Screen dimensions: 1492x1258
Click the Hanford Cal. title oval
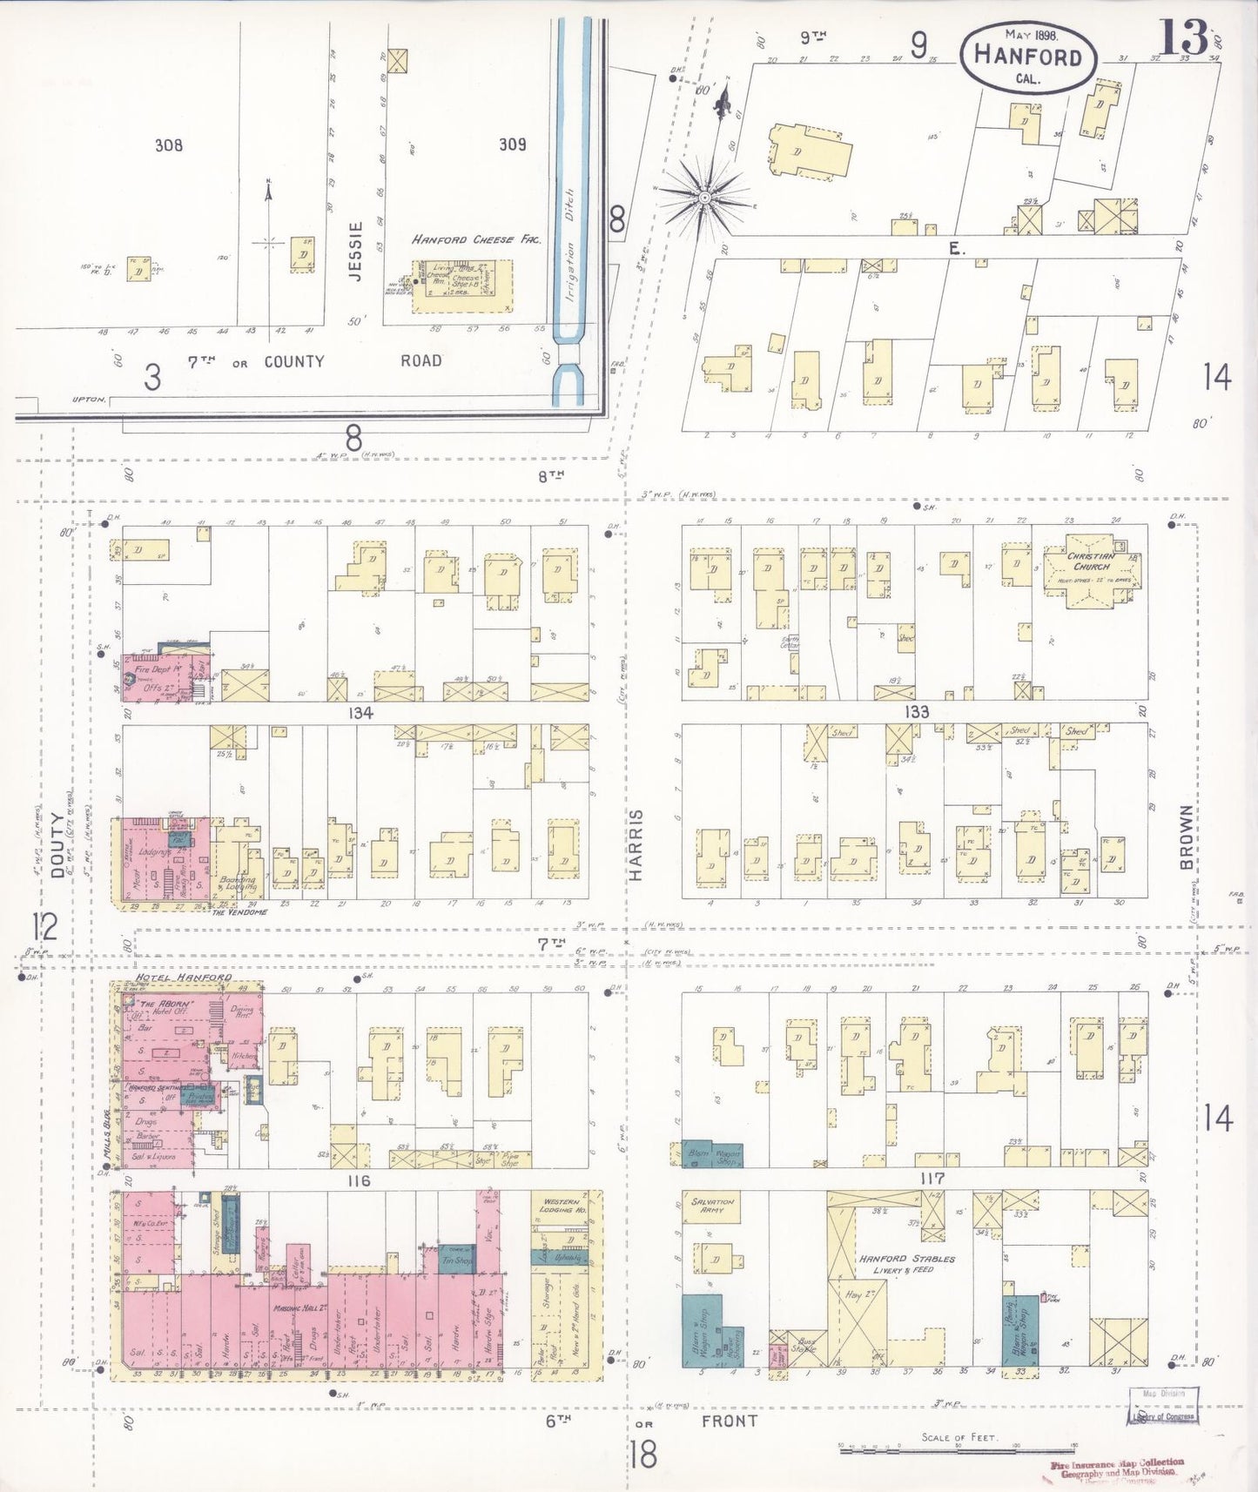point(1028,57)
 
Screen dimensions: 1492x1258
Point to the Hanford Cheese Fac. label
point(475,239)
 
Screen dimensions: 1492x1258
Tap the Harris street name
point(636,843)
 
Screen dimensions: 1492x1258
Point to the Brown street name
point(1186,837)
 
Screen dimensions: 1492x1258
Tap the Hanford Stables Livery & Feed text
point(907,1264)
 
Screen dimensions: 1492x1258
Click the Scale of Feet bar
point(958,1448)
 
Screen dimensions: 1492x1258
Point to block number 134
point(360,713)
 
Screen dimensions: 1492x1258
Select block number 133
point(916,711)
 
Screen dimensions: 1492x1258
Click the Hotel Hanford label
point(183,978)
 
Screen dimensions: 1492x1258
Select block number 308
point(169,144)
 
